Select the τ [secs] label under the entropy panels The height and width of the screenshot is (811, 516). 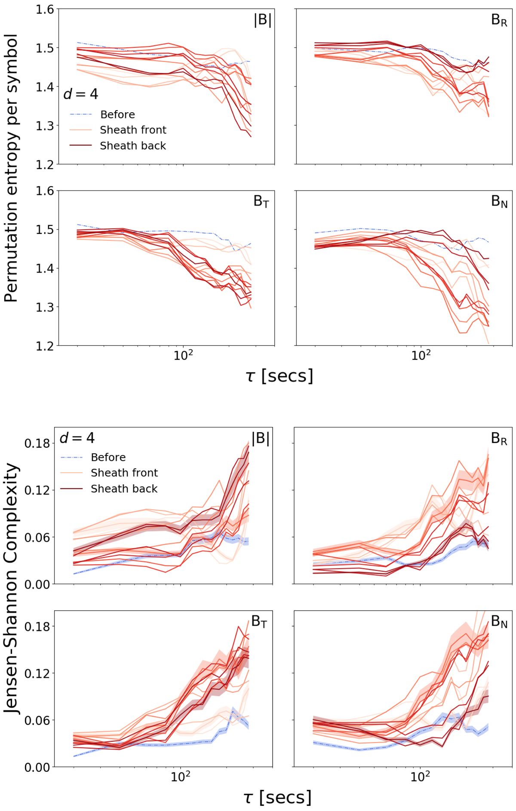click(279, 376)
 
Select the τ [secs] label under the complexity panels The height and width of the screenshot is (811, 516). click(277, 797)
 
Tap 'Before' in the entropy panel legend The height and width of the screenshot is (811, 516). click(117, 115)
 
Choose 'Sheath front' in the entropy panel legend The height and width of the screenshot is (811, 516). click(133, 130)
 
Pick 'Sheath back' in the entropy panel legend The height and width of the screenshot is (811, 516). click(133, 146)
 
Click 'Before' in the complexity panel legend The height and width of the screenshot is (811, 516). click(108, 458)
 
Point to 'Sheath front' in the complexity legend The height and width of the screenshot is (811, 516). click(124, 473)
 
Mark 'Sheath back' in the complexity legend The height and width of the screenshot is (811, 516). click(124, 489)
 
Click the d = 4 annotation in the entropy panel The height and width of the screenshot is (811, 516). click(81, 94)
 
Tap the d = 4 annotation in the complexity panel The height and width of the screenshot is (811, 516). click(77, 438)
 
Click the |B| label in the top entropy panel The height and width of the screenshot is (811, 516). click(263, 21)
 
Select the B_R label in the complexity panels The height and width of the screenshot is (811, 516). click(499, 439)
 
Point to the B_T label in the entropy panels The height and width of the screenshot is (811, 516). click(261, 201)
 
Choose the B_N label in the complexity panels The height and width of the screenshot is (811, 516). click(499, 622)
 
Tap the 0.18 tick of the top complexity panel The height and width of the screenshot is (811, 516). click(37, 443)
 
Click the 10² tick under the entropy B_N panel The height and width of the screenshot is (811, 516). click(421, 355)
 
